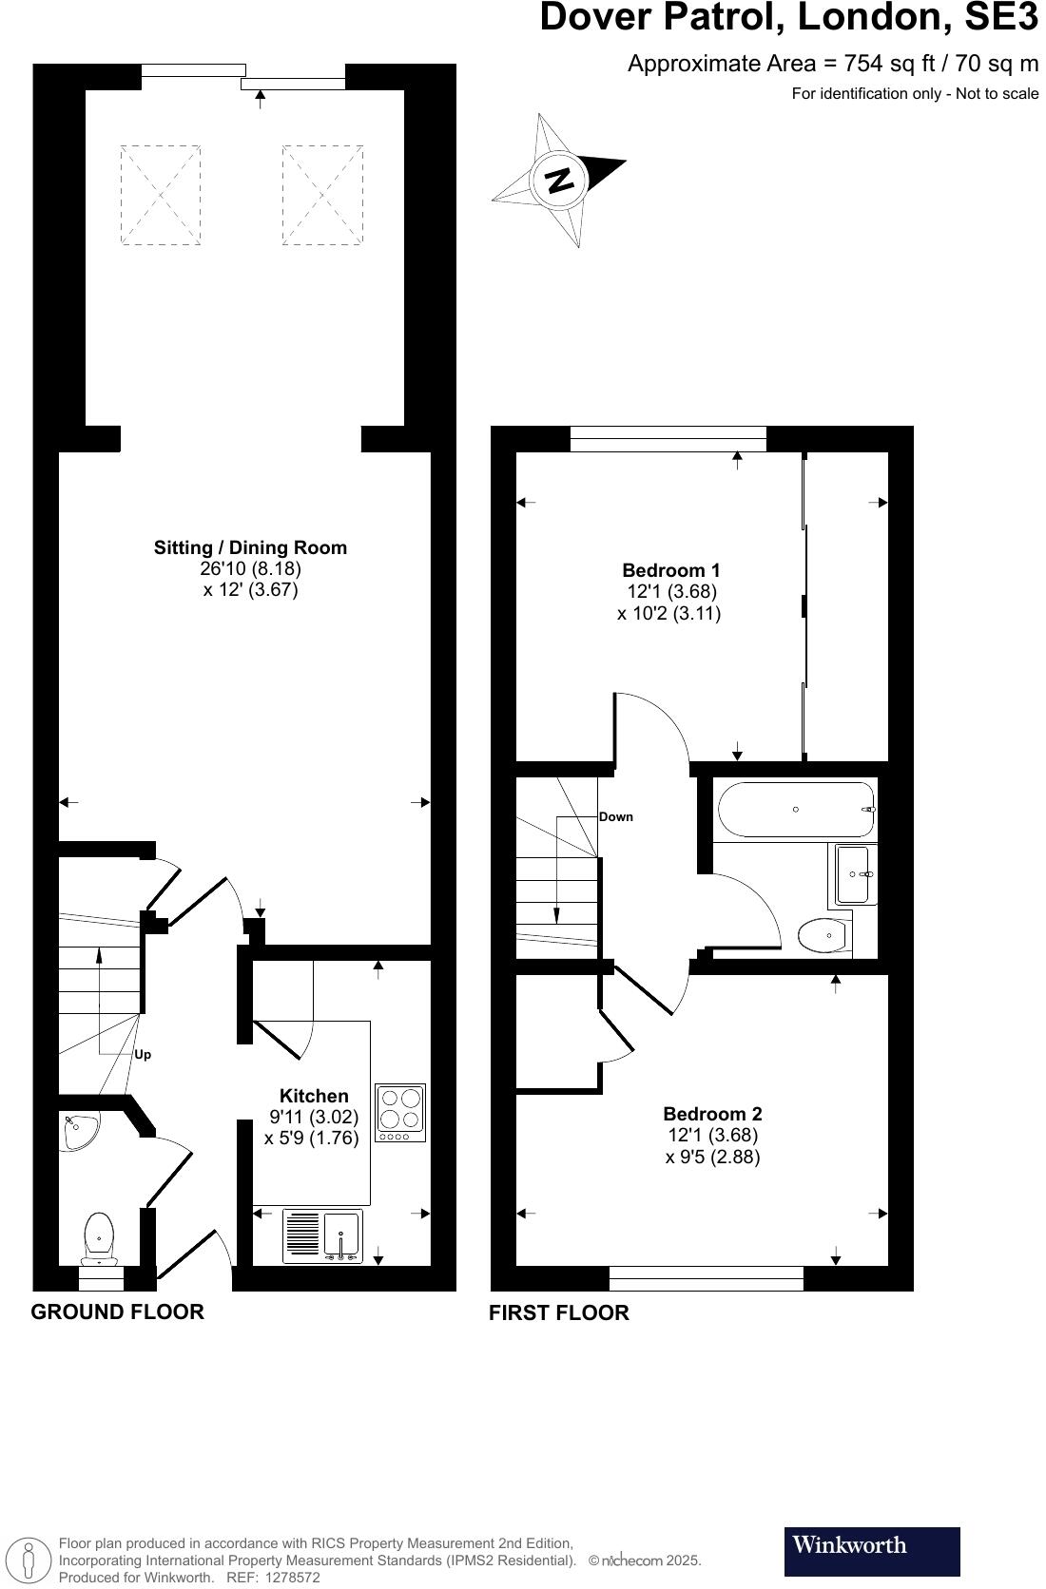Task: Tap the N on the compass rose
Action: (561, 180)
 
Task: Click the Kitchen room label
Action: (314, 1096)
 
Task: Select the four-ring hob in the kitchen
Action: (400, 1112)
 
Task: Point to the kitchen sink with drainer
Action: (322, 1236)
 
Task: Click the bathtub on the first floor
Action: (795, 810)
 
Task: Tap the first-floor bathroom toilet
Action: (823, 935)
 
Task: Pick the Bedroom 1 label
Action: (670, 570)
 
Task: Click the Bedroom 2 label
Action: (712, 1114)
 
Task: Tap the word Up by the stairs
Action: (143, 1055)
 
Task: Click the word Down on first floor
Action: (616, 817)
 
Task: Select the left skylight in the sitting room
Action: (161, 195)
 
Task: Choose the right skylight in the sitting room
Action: (322, 195)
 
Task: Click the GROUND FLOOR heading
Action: (117, 1312)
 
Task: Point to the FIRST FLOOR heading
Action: (558, 1313)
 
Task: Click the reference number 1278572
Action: (293, 1578)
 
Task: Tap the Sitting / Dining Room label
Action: (250, 547)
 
